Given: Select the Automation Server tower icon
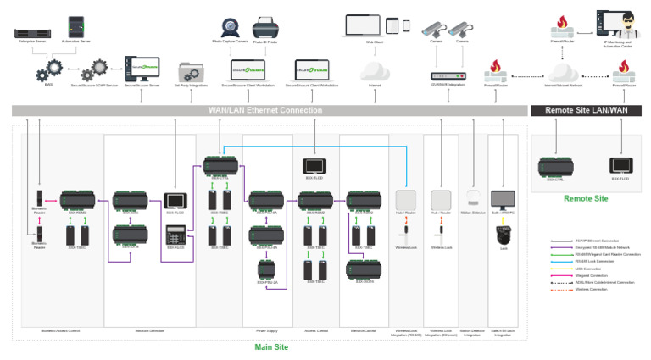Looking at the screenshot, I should (76, 26).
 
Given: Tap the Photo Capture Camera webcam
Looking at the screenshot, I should (230, 27).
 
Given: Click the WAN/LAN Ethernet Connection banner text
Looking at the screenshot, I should (265, 110).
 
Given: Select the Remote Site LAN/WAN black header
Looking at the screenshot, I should (586, 110).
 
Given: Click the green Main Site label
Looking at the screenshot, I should (271, 347).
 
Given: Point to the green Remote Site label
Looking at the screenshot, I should (586, 198).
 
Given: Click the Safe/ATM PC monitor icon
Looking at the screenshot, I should (503, 200).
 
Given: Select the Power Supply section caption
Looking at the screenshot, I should (266, 330).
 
